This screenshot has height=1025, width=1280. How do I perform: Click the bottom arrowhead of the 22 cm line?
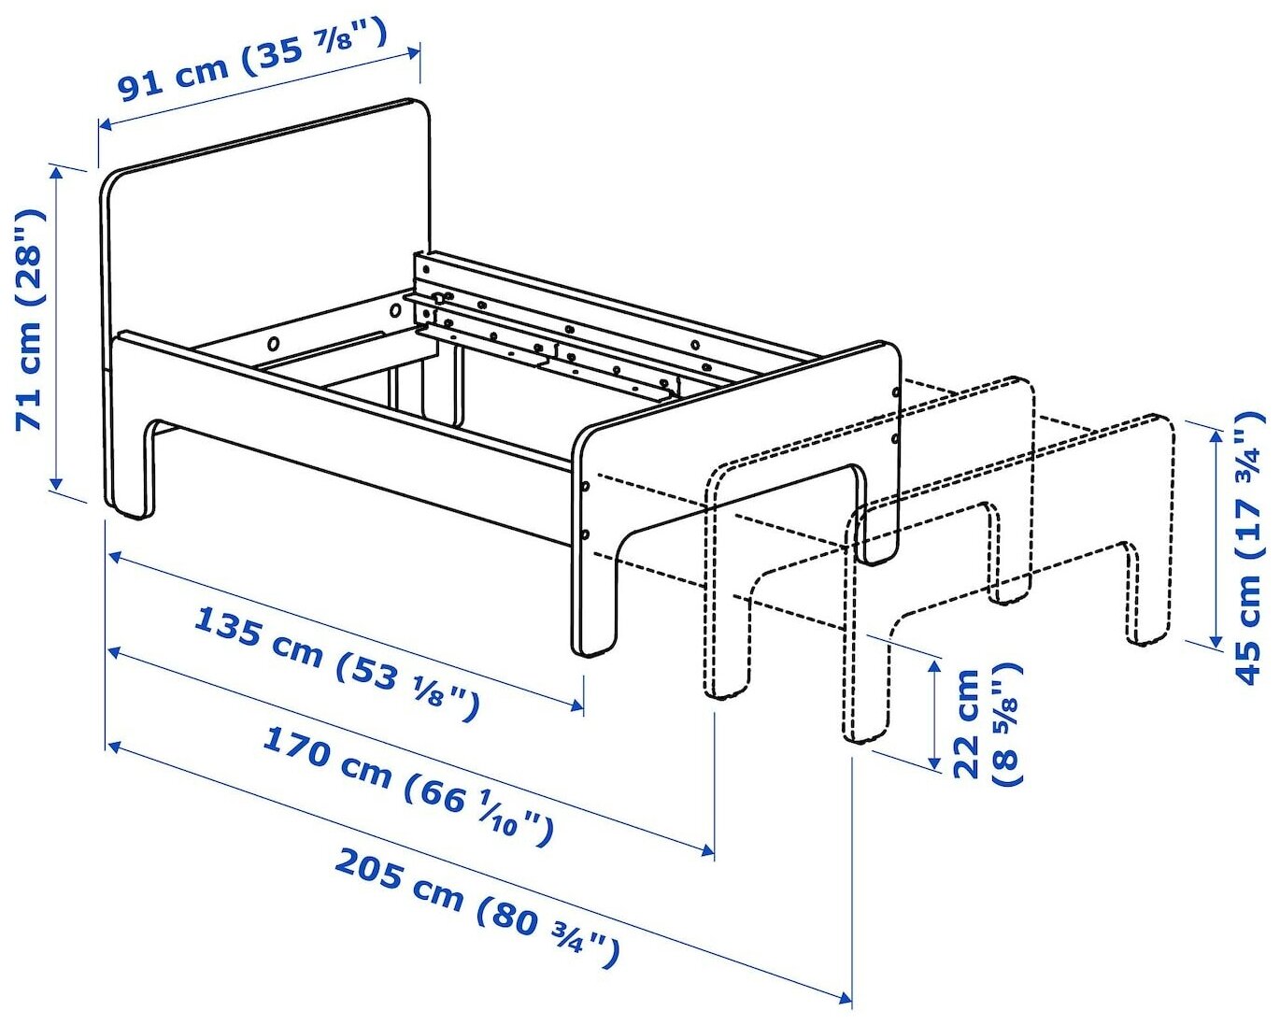(x=934, y=763)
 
